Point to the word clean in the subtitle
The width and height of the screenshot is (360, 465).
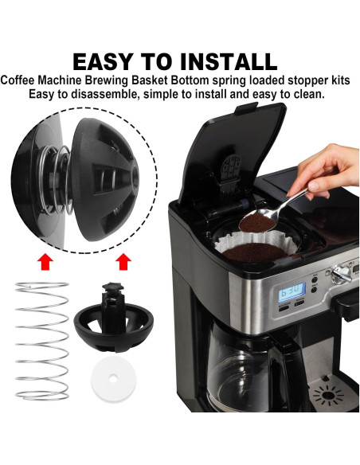point(308,94)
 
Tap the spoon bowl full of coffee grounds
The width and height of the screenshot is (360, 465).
point(262,213)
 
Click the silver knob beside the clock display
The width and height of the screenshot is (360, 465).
point(342,275)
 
